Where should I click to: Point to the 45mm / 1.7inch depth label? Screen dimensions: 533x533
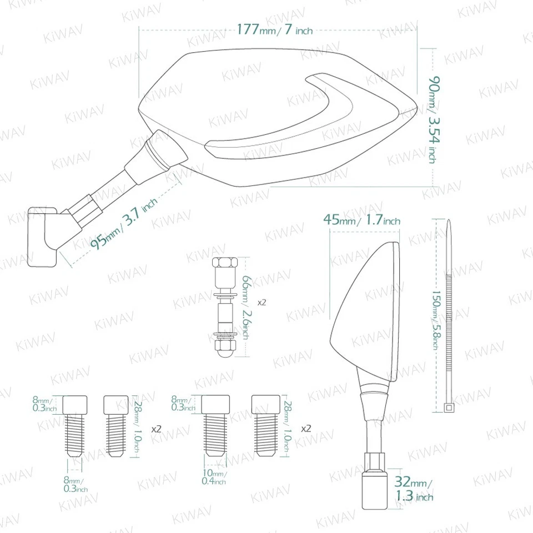coord(361,220)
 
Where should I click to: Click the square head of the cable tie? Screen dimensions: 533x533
coord(448,409)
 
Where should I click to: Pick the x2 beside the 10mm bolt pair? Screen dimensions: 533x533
coord(305,429)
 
